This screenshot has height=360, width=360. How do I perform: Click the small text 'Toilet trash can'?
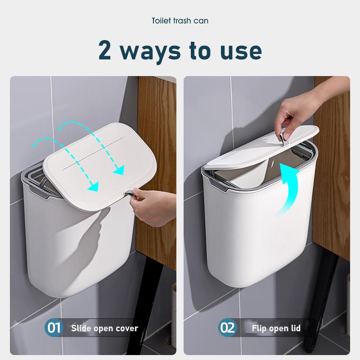(180, 21)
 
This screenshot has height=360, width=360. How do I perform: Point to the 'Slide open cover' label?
(104, 328)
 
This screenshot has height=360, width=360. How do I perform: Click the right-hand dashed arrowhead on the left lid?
(119, 169)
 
